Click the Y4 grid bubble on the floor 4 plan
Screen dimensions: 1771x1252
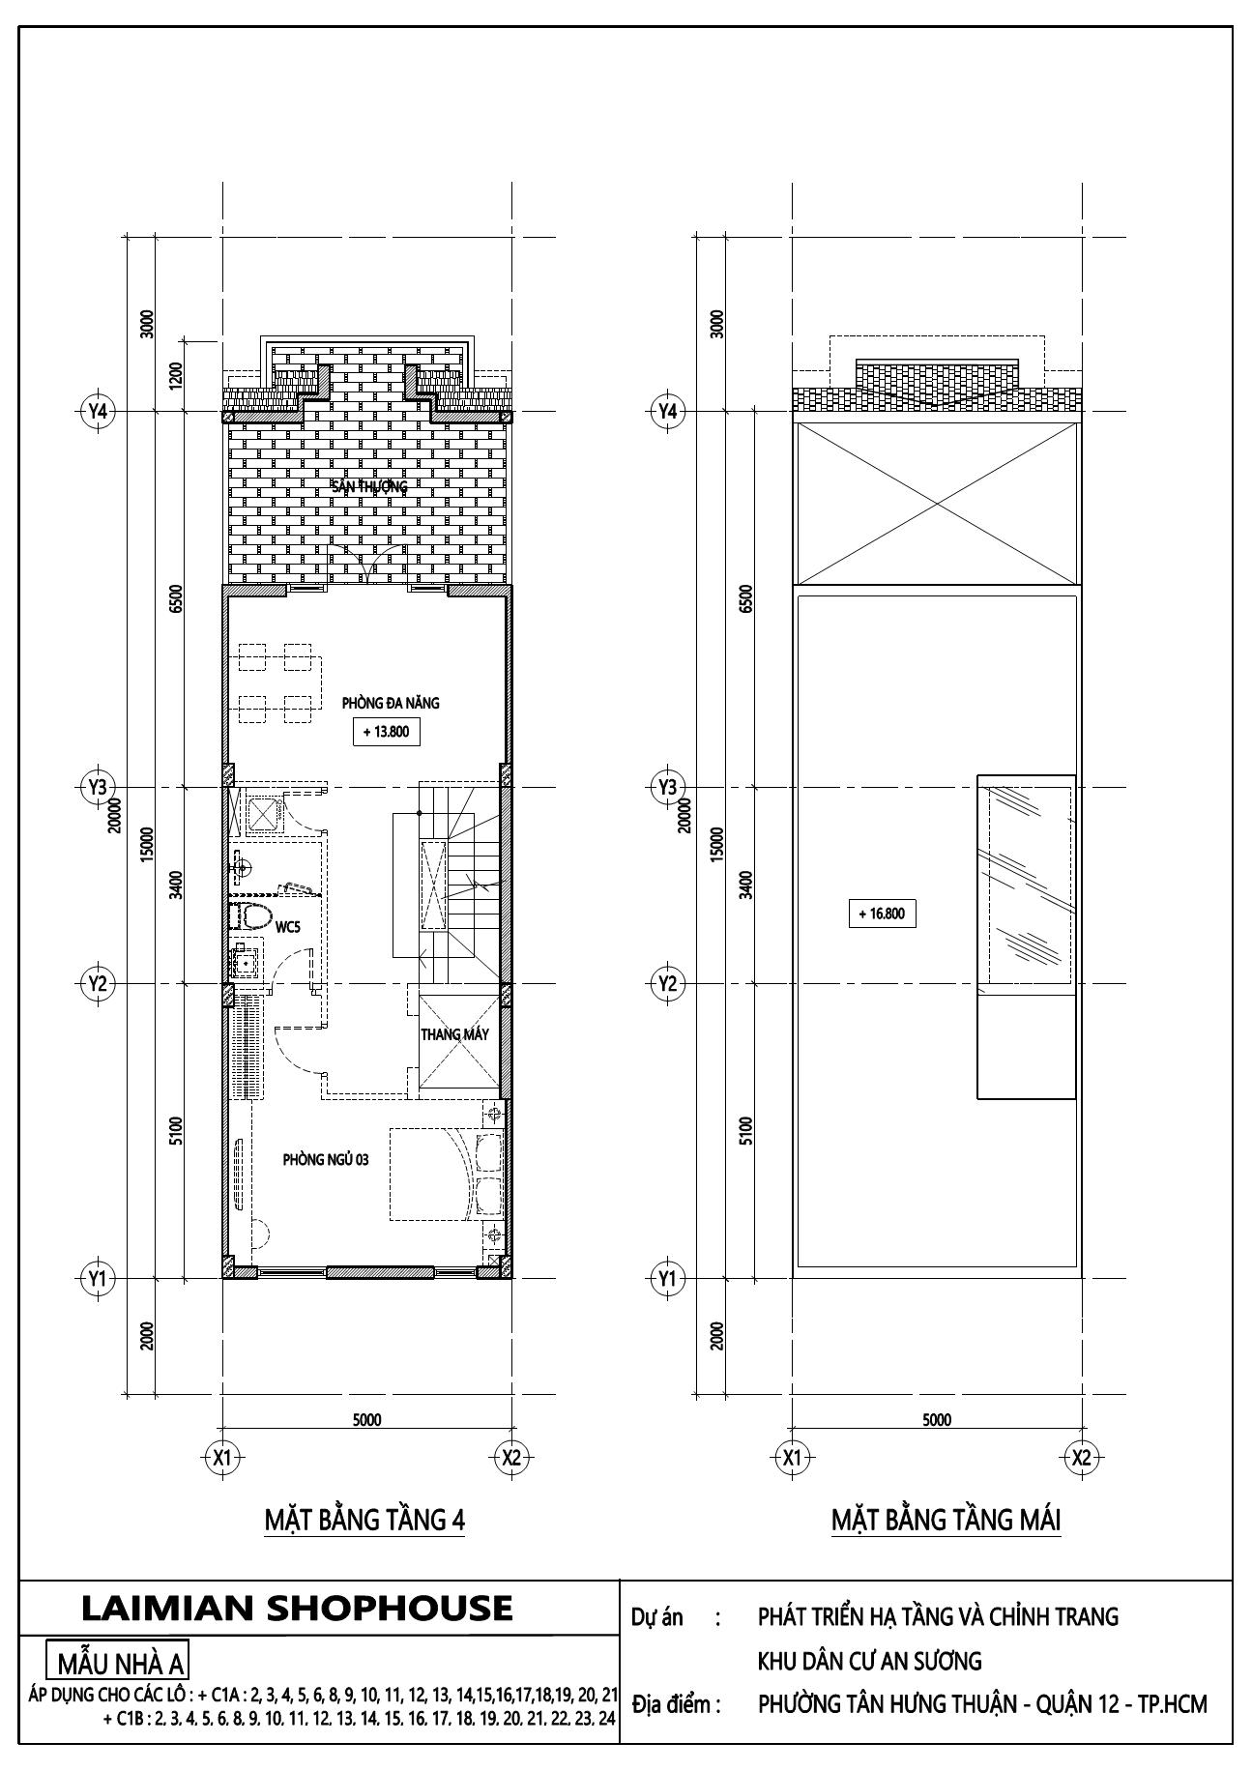click(97, 411)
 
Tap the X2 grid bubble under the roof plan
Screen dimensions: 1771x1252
click(1081, 1457)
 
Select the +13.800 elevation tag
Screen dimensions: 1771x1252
click(386, 732)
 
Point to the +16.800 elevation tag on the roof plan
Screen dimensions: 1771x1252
click(881, 913)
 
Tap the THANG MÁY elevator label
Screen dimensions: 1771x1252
click(454, 1034)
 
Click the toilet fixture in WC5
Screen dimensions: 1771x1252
click(252, 916)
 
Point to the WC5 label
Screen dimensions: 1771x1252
click(288, 927)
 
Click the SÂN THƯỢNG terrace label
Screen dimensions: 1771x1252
click(369, 486)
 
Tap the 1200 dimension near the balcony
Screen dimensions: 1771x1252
click(175, 375)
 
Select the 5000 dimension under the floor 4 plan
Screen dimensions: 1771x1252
click(366, 1419)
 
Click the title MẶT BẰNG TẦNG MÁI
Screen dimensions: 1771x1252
click(946, 1521)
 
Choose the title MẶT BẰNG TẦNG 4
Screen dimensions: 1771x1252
click(364, 1521)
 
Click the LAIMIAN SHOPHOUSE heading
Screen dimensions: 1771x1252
click(297, 1608)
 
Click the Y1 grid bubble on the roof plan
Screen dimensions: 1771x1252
click(666, 1279)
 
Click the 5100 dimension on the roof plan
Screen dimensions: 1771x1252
click(744, 1130)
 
